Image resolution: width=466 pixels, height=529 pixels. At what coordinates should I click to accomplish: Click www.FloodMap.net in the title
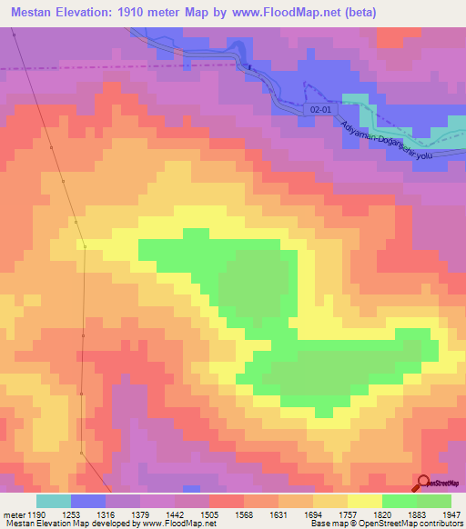tap(292, 14)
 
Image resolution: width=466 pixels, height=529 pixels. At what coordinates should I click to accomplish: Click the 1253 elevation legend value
tap(71, 514)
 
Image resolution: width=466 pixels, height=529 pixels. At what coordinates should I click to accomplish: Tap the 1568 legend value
tap(243, 514)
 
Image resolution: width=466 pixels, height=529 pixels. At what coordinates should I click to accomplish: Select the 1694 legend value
tap(312, 514)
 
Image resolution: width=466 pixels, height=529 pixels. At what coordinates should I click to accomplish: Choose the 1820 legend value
tap(381, 514)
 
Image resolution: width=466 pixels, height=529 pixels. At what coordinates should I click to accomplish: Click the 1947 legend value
tap(450, 514)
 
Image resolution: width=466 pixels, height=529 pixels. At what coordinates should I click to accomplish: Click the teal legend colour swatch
tap(54, 501)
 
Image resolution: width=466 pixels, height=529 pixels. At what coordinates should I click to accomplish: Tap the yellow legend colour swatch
tap(364, 501)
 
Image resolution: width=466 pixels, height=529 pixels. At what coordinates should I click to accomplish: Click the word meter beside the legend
tap(13, 514)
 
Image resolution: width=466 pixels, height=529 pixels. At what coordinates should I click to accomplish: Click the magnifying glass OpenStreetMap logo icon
tap(423, 482)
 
